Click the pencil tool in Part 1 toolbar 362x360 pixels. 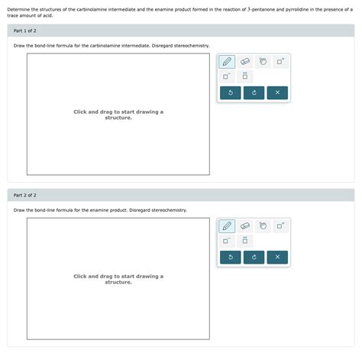(227, 61)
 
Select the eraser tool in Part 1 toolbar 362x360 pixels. (245, 61)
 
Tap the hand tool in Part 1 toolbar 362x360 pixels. (263, 61)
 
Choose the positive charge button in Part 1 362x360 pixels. (280, 61)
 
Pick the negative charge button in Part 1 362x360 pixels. (227, 76)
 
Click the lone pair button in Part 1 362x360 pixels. (245, 76)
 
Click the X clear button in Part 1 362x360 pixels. (277, 92)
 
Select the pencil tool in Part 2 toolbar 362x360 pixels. (227, 225)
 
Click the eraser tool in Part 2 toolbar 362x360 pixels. (245, 225)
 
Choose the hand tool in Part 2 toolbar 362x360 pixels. (263, 225)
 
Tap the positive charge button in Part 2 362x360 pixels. (280, 225)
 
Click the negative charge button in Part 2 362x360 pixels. (227, 241)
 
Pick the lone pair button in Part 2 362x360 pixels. (245, 241)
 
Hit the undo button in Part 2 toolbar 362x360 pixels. (230, 257)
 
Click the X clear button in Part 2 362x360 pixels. (277, 257)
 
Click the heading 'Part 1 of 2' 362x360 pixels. (26, 31)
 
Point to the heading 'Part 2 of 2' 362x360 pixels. (26, 195)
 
